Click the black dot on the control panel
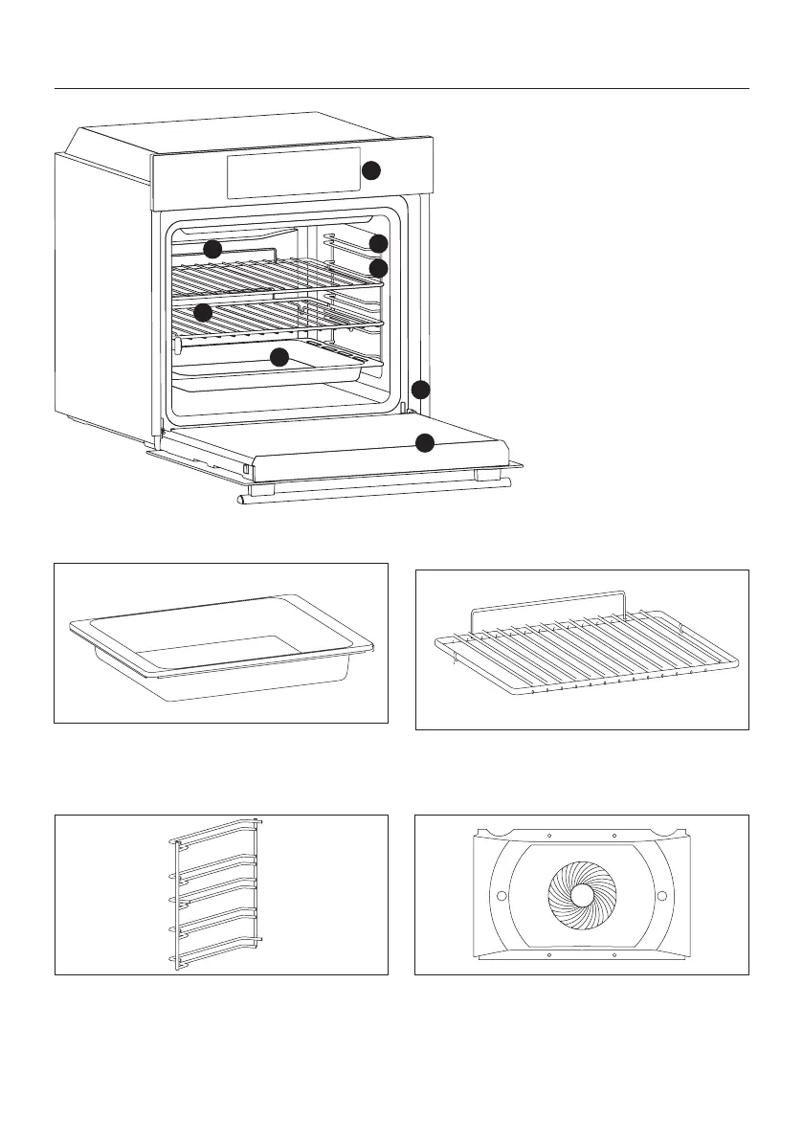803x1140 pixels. [370, 171]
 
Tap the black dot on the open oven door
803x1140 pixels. [425, 442]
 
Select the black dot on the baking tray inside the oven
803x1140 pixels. [279, 358]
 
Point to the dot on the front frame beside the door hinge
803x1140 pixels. [421, 390]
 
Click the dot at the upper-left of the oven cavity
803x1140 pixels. [212, 249]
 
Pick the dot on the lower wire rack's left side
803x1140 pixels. [202, 312]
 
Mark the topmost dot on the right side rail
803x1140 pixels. [379, 243]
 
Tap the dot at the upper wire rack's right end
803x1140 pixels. [379, 268]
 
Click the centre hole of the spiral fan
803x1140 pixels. [582, 894]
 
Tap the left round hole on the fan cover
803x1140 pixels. [499, 895]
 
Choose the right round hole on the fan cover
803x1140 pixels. [662, 895]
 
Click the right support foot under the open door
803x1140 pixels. [488, 475]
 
